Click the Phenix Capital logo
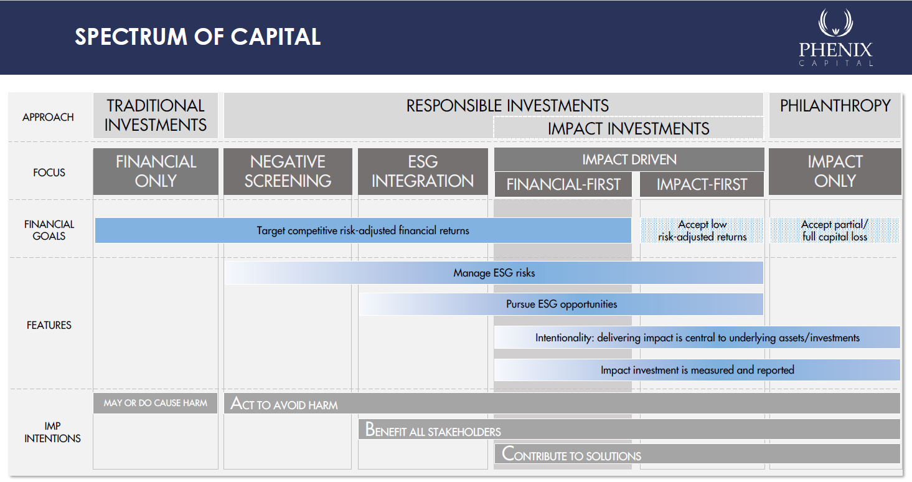[x=835, y=37]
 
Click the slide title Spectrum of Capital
[x=198, y=37]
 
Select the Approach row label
[x=48, y=117]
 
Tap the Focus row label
[x=49, y=172]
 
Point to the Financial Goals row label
[x=49, y=230]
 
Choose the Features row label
[x=49, y=325]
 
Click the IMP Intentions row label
[x=52, y=432]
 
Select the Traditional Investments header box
[x=156, y=116]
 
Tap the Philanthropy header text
[x=835, y=106]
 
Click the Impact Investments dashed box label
[x=628, y=129]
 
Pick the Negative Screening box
[x=288, y=171]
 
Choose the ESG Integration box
[x=423, y=171]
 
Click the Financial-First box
[x=563, y=184]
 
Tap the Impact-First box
[x=702, y=184]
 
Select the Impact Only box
[x=835, y=171]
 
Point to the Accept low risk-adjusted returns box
[x=702, y=230]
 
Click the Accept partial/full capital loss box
[x=835, y=230]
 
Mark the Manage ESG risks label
[x=494, y=273]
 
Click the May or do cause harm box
[x=155, y=404]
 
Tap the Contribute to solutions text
[x=571, y=454]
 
